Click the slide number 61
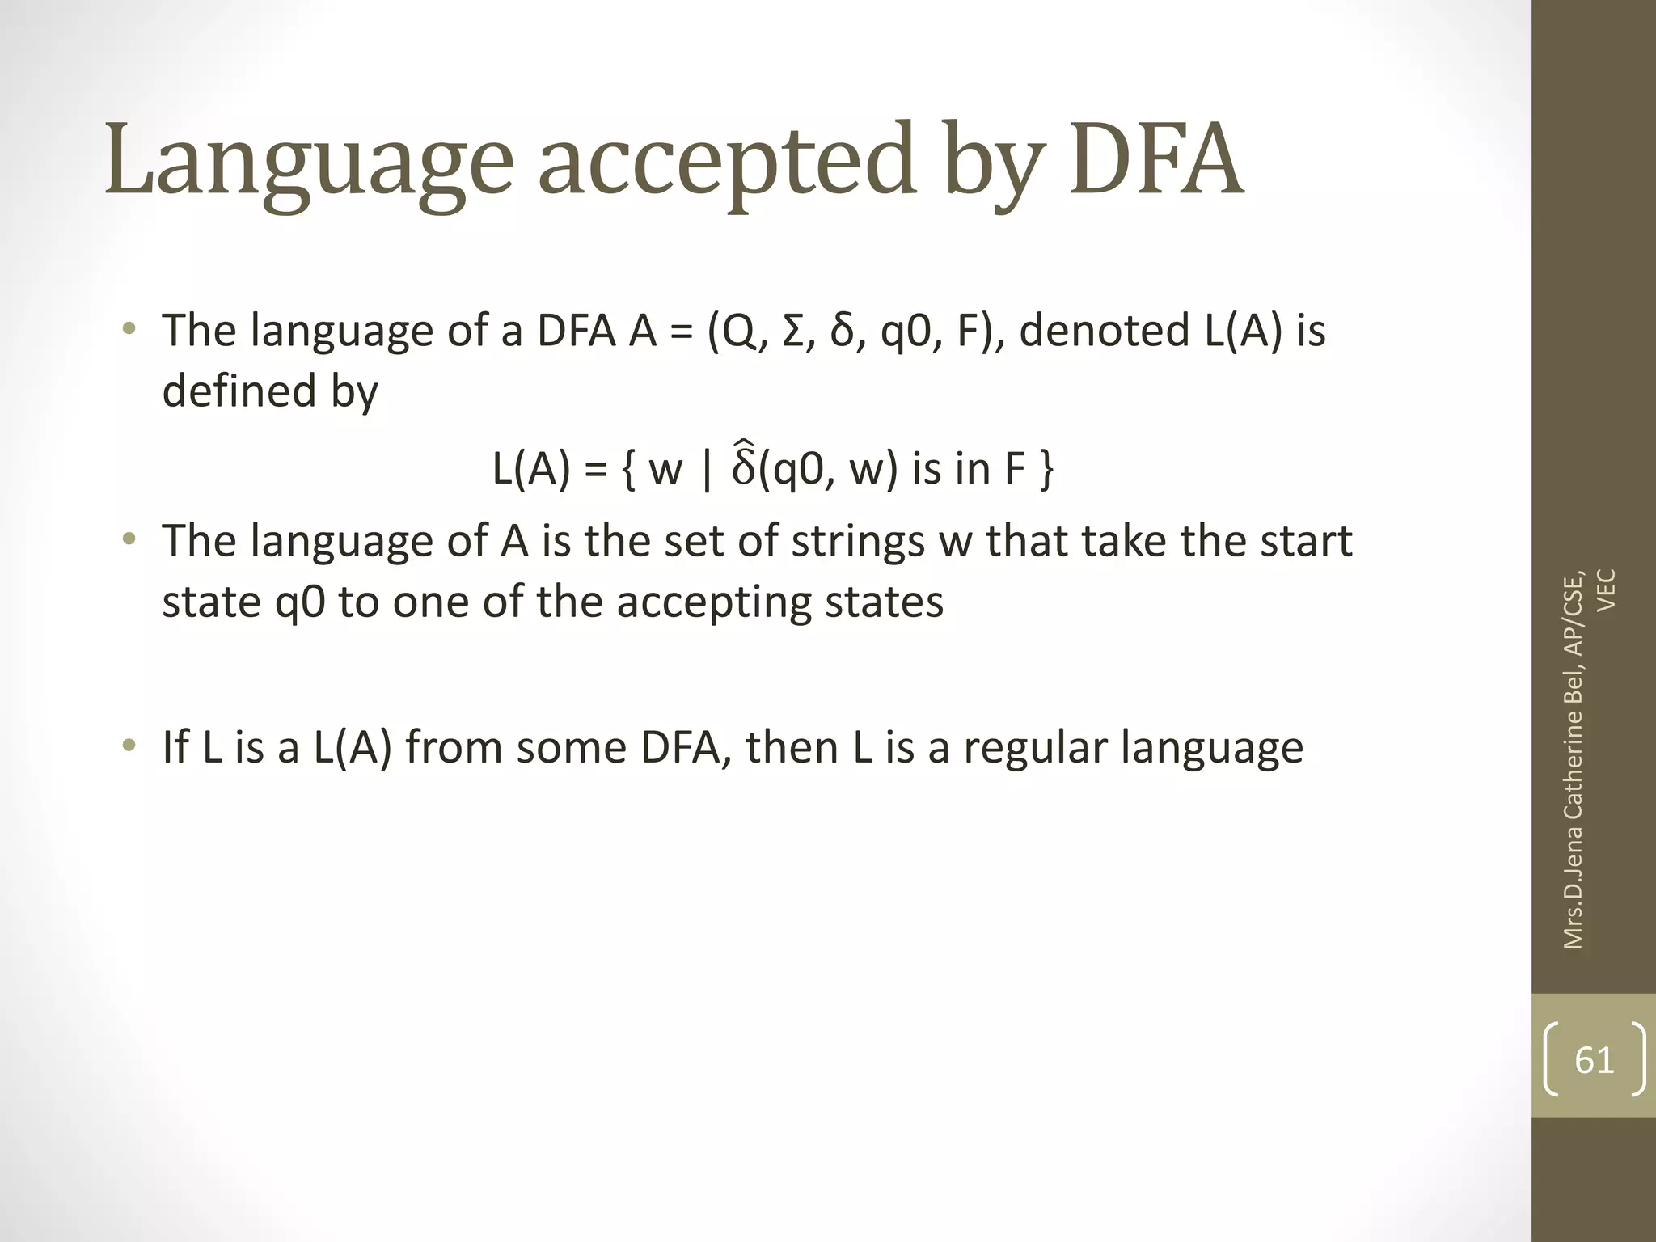click(x=1594, y=1059)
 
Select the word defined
click(x=239, y=391)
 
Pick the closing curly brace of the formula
click(x=1046, y=469)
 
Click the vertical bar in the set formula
click(x=708, y=469)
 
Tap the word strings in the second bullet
click(x=857, y=542)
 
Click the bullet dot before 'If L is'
click(x=129, y=746)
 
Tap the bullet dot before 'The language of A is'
click(x=129, y=539)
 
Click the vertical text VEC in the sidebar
click(x=1607, y=590)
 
